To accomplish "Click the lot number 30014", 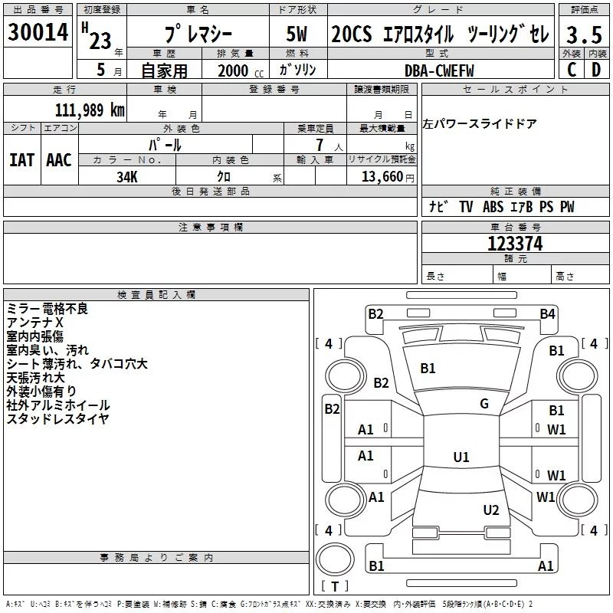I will tap(38, 32).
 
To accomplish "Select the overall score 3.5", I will tap(582, 35).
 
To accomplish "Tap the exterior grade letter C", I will tap(570, 69).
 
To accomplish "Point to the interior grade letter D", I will tap(595, 69).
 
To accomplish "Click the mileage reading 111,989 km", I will tap(90, 110).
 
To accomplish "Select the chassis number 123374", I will tap(515, 244).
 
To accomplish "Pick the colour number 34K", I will tap(127, 176).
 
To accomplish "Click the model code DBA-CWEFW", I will tap(439, 70).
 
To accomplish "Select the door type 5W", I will tap(297, 35).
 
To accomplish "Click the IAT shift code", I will tap(21, 160).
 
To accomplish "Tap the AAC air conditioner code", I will tap(59, 160).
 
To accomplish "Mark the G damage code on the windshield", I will tap(484, 404).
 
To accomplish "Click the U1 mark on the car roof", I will tap(461, 457).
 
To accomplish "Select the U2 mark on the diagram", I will tap(491, 510).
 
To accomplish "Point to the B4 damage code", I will tap(546, 313).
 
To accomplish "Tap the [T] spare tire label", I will tap(334, 586).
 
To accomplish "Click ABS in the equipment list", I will tap(493, 207).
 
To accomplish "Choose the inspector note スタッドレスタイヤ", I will tap(57, 418).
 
